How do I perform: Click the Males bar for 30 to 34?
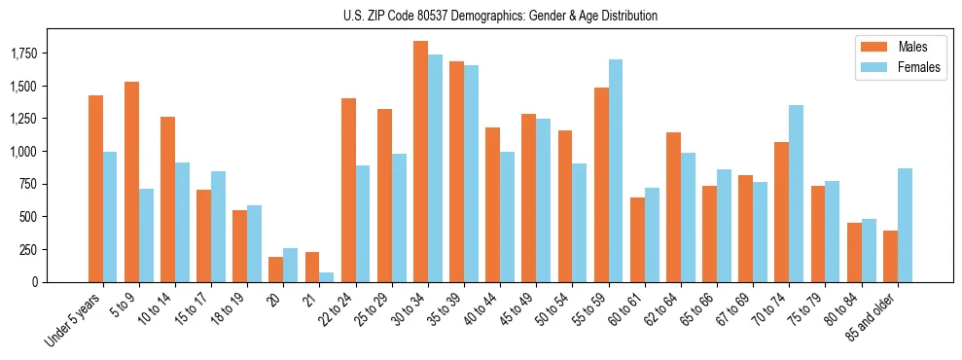point(420,162)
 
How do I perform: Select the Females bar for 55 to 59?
point(616,170)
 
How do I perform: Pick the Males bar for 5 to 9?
point(131,182)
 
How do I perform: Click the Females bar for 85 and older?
point(905,225)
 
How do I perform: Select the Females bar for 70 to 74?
point(797,194)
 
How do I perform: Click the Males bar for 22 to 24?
point(348,190)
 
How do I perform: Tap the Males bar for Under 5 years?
point(95,189)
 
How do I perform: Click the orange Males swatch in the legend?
point(869,46)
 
